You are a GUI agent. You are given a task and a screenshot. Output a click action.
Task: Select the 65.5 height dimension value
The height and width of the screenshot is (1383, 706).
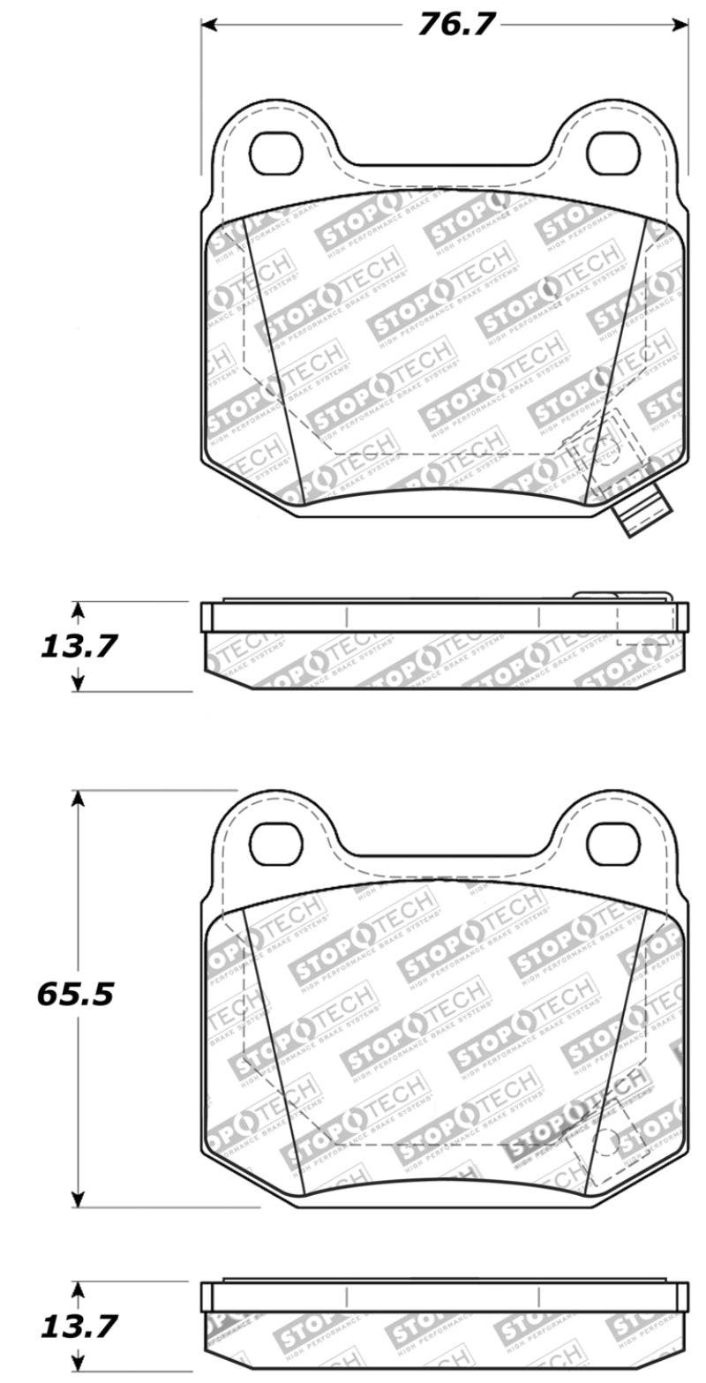(x=75, y=995)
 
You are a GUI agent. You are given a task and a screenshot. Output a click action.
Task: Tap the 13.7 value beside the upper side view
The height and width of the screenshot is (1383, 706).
(x=78, y=647)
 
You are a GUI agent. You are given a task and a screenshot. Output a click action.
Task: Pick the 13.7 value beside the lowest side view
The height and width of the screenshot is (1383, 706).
(x=78, y=1326)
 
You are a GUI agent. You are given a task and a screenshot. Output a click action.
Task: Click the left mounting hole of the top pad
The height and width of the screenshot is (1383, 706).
(x=276, y=154)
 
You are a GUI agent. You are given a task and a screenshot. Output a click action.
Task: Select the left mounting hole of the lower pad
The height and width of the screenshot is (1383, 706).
(x=276, y=845)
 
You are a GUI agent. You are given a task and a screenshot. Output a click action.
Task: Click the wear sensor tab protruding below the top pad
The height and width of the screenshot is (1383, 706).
(x=644, y=515)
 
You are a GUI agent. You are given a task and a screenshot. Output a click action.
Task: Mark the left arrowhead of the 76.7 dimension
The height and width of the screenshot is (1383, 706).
(x=208, y=25)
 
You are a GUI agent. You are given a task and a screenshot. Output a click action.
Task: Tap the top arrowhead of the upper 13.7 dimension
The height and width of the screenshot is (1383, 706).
(x=79, y=610)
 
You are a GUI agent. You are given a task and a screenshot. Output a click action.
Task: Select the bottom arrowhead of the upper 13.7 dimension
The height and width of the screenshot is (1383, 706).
(x=79, y=683)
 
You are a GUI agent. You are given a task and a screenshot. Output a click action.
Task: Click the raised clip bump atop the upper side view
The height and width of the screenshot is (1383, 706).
(x=594, y=597)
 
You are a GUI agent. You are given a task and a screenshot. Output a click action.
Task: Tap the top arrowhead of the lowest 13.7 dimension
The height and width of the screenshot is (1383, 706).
(x=79, y=1289)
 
